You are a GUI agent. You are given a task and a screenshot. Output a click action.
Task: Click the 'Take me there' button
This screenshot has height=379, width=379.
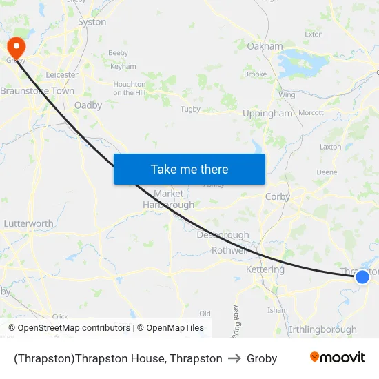click(189, 170)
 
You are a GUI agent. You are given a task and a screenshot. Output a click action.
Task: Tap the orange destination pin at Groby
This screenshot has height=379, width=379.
click(15, 47)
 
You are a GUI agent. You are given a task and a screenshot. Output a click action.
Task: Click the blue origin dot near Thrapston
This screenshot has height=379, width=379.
click(362, 277)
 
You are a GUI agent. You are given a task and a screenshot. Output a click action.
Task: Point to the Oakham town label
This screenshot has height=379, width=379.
click(265, 46)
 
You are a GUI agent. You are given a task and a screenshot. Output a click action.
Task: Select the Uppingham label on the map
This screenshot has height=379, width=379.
click(267, 114)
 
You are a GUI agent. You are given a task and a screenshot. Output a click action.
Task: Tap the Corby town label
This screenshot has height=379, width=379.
click(277, 196)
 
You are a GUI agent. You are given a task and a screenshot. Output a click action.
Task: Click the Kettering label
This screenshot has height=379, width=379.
click(265, 269)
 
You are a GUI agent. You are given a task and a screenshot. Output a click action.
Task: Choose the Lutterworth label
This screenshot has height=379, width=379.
click(28, 224)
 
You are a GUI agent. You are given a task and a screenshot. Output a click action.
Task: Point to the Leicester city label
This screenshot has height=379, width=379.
click(62, 74)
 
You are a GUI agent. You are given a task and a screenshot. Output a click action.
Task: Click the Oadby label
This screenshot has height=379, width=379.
click(88, 105)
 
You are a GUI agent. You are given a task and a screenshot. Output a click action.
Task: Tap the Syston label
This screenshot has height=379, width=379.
click(92, 22)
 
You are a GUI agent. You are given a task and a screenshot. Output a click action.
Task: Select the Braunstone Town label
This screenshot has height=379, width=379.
click(37, 91)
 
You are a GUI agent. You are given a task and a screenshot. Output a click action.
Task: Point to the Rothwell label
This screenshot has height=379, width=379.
click(229, 250)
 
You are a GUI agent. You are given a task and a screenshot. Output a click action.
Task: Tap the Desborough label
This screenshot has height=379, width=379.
click(223, 235)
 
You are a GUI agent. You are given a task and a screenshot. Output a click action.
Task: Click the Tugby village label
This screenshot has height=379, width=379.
click(189, 109)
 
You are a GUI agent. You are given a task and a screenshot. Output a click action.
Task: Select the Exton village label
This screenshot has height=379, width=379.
click(314, 34)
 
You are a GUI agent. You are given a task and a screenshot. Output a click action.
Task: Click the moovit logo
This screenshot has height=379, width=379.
click(337, 358)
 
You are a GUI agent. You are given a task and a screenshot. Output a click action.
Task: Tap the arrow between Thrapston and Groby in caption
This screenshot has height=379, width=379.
click(234, 358)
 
